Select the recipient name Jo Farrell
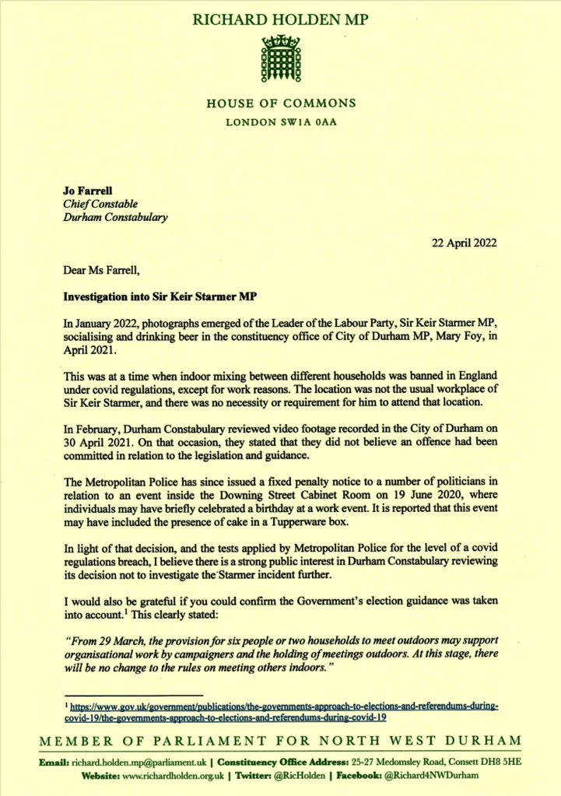point(83,188)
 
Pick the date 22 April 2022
point(465,242)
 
